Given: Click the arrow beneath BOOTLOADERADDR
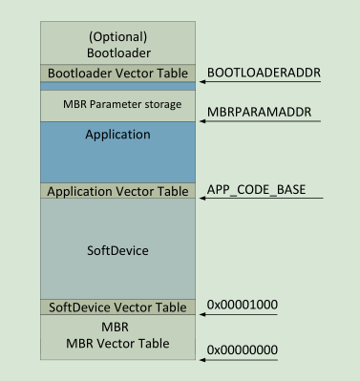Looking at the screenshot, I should pyautogui.click(x=262, y=82).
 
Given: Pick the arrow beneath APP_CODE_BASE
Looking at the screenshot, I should pyautogui.click(x=262, y=200).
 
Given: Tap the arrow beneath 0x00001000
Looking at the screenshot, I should pyautogui.click(x=240, y=315).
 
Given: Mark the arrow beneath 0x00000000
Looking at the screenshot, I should pyautogui.click(x=240, y=361).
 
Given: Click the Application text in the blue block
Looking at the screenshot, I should pyautogui.click(x=118, y=135).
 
